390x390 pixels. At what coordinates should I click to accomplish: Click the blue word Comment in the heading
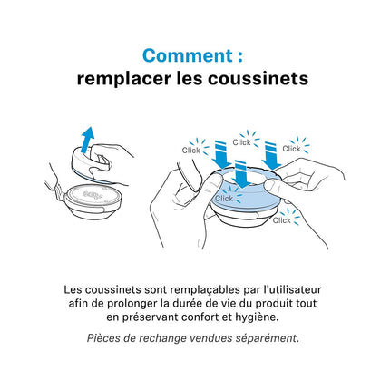click(188, 55)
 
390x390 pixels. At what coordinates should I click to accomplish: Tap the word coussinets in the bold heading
click(258, 79)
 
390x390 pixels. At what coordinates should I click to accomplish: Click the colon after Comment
click(239, 56)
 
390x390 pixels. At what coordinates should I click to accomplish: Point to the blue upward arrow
click(87, 140)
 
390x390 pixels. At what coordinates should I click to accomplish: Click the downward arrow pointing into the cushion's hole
click(240, 174)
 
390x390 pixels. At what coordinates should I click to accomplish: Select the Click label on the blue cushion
click(224, 199)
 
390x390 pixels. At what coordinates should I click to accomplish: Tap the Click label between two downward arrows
click(241, 142)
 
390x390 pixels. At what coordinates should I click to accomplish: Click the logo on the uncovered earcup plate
click(93, 194)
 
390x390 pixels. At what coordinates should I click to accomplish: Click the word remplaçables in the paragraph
click(205, 290)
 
